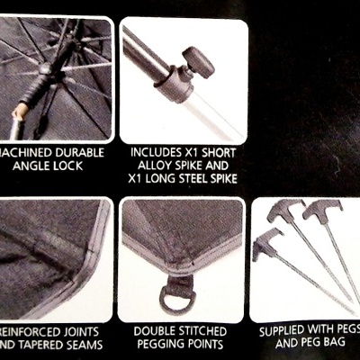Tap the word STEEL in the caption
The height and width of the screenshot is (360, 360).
click(199, 181)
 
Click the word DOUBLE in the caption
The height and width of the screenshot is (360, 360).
click(156, 330)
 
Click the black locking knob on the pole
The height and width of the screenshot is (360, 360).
click(195, 63)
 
